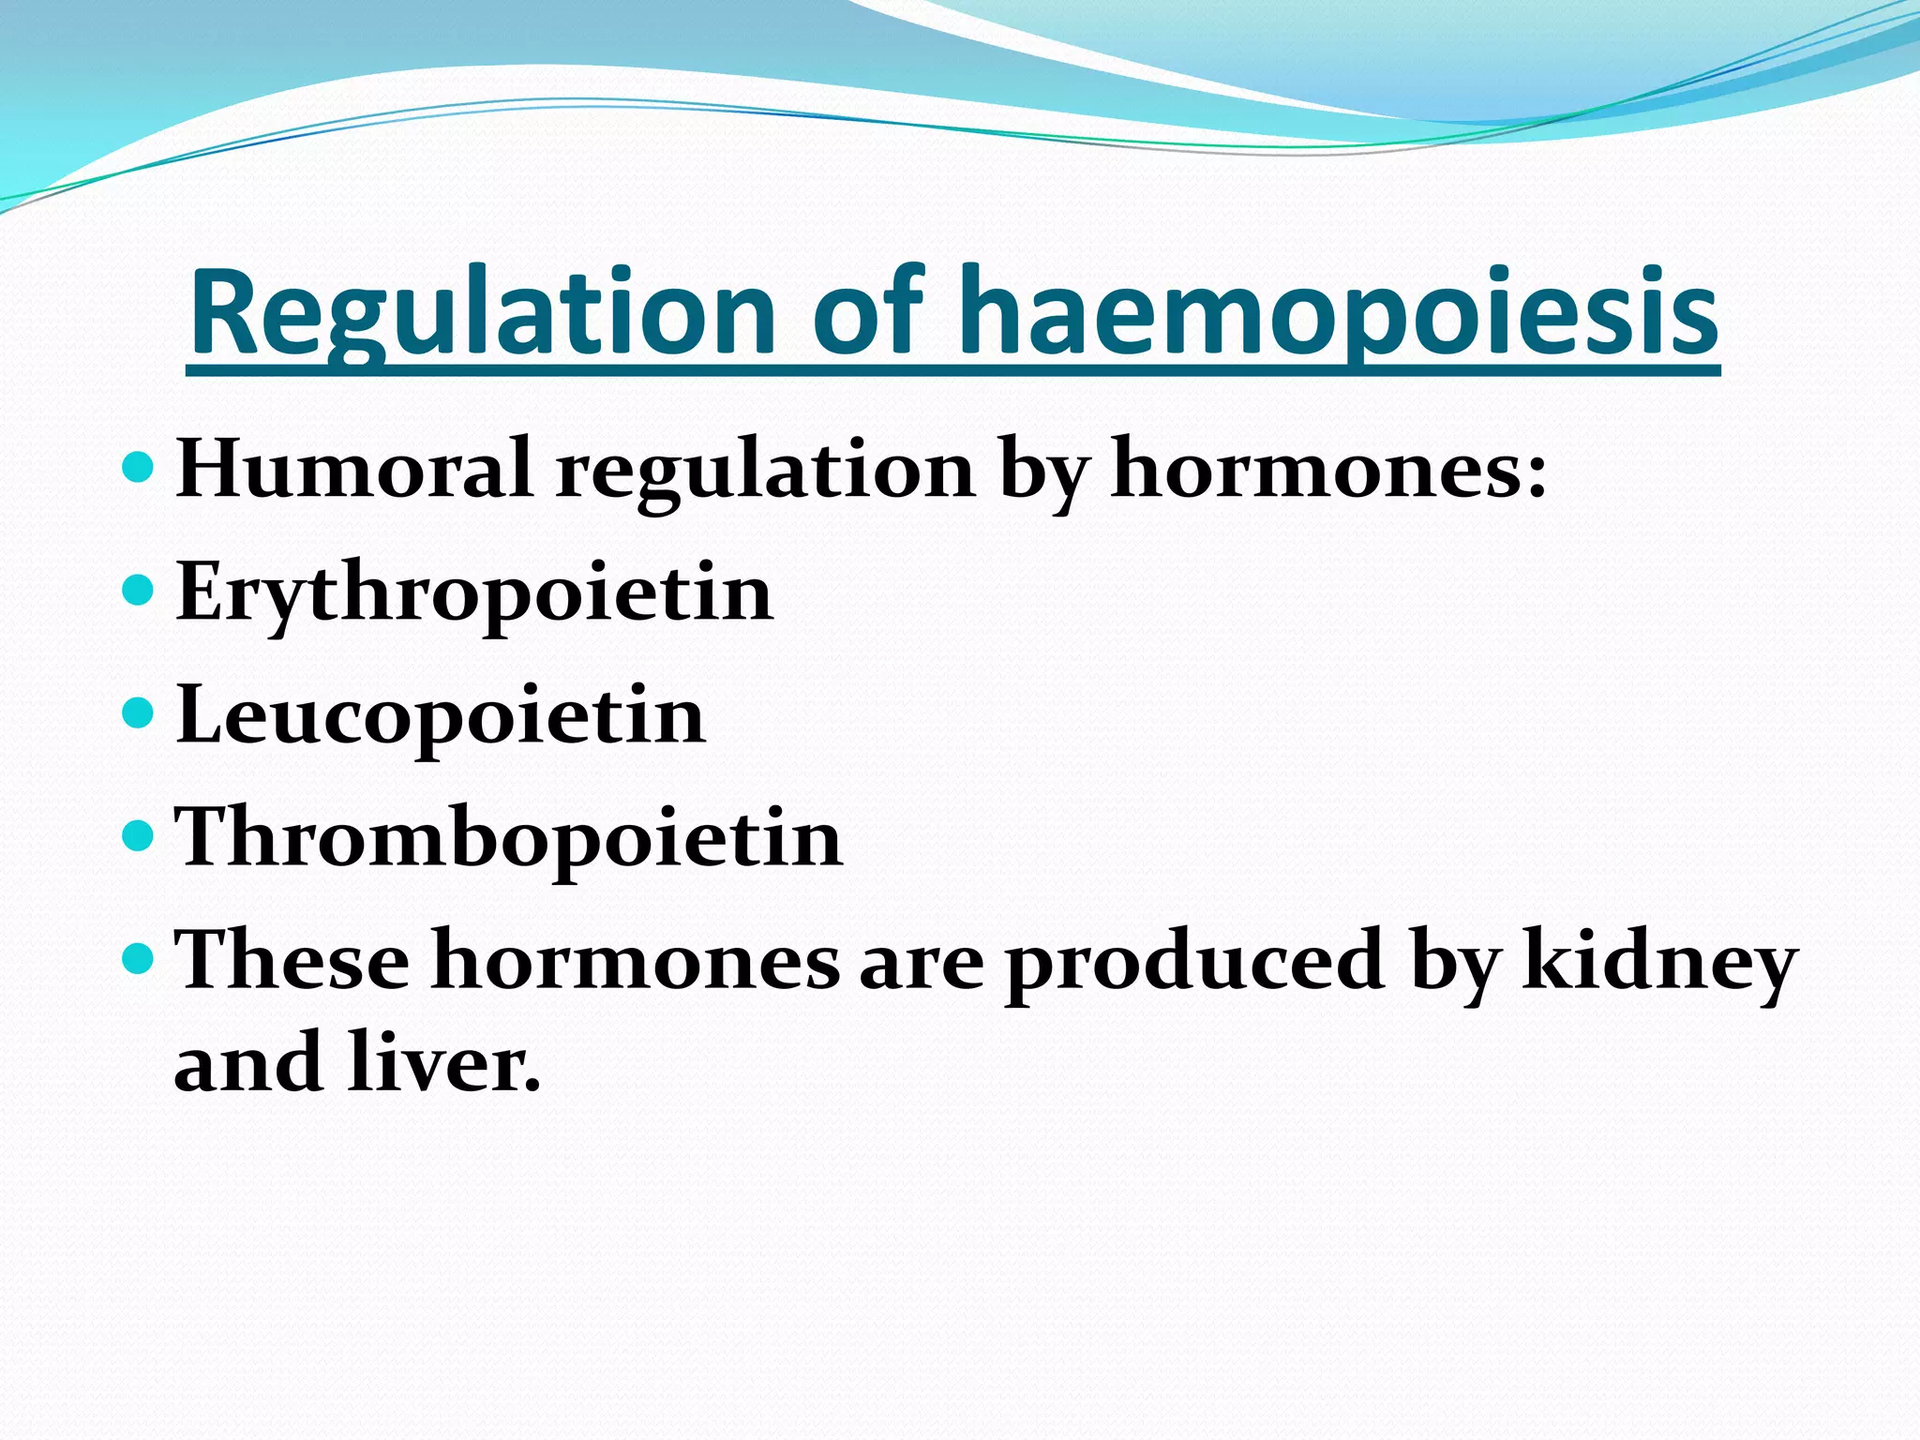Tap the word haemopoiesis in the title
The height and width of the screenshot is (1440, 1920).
[1338, 314]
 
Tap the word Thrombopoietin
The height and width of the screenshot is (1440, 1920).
[509, 838]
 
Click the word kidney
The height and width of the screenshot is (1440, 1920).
[1659, 962]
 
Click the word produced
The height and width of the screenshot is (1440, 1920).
[1194, 962]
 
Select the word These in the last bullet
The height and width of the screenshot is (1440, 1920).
[292, 960]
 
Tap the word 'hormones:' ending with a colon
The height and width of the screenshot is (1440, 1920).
[1328, 469]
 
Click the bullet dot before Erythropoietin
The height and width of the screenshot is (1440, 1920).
[138, 590]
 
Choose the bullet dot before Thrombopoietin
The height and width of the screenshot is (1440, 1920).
[138, 834]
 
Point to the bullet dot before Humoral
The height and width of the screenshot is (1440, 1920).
[138, 465]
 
